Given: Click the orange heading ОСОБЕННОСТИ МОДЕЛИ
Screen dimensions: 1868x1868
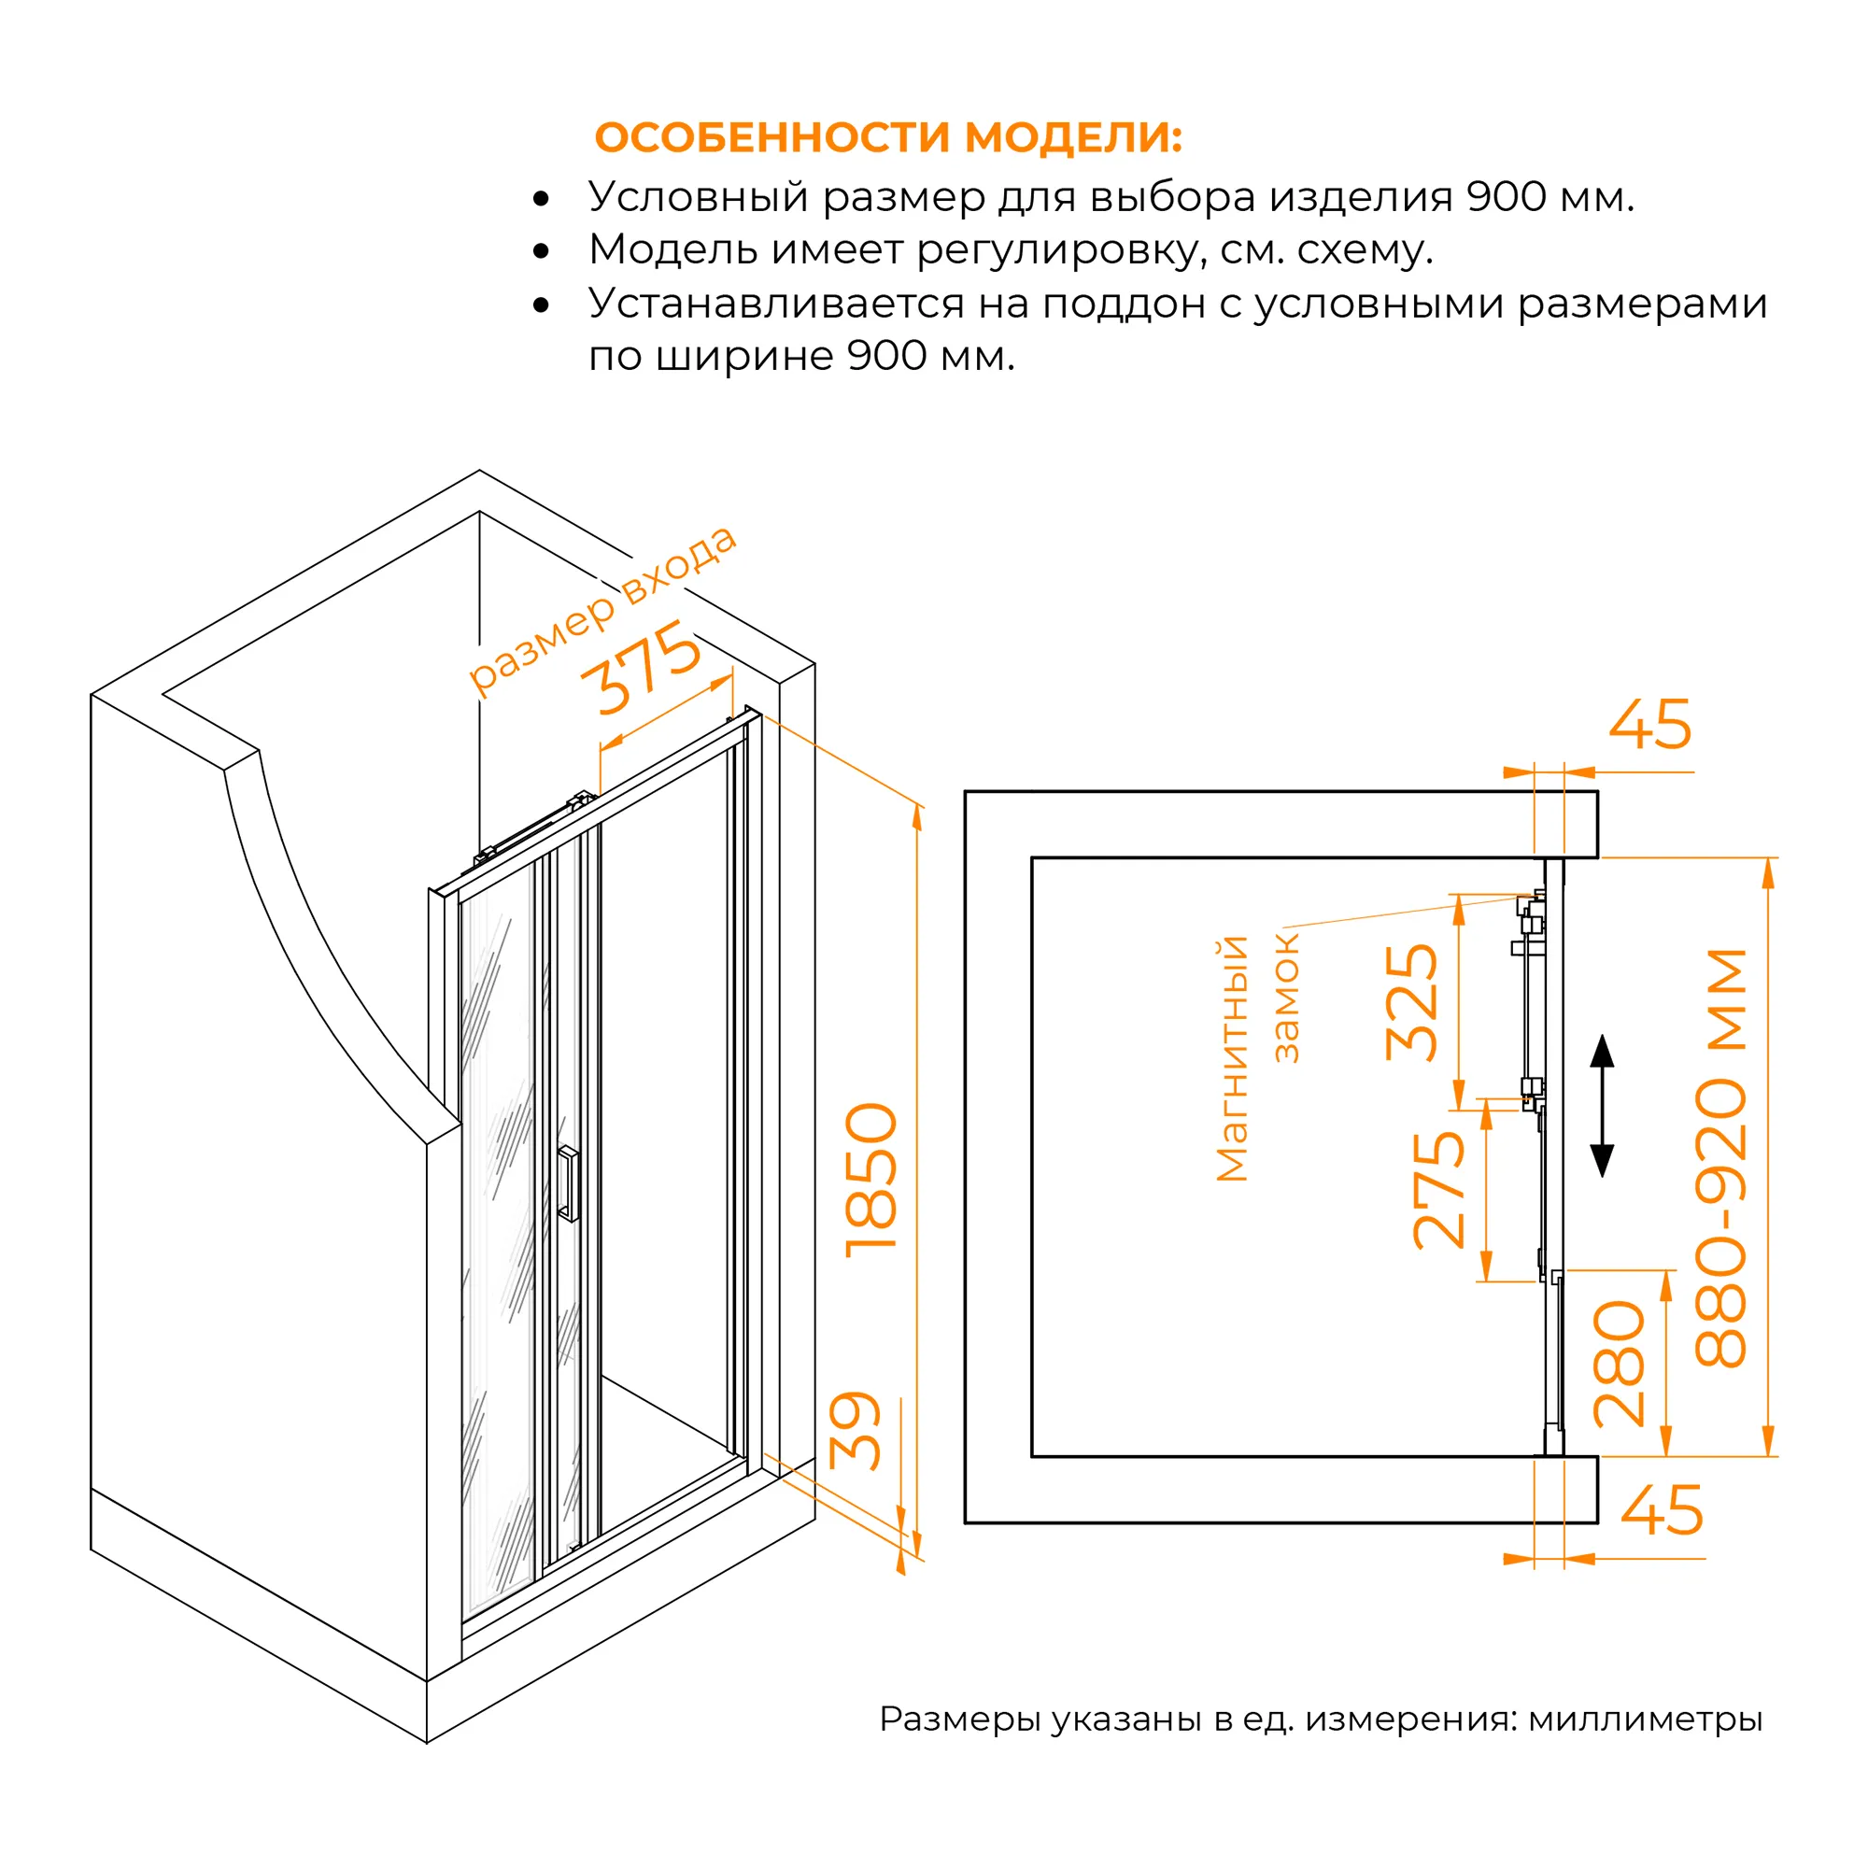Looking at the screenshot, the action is tap(887, 137).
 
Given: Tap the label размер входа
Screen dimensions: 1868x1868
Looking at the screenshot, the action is tap(601, 609).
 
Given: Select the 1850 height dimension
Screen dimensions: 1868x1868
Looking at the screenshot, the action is tap(871, 1181).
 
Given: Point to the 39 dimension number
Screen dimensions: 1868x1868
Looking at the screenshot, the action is tap(856, 1431).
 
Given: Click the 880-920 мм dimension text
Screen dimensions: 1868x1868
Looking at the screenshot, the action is tap(1721, 1158).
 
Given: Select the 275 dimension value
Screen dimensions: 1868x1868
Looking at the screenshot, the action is tap(1437, 1190).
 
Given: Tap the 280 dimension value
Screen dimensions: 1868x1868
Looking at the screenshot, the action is tap(1619, 1365).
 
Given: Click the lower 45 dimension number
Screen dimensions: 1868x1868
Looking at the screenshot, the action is tap(1661, 1510).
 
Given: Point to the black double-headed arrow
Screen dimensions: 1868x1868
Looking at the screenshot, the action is tap(1602, 1106).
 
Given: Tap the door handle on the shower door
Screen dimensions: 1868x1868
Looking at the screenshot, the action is tap(569, 1183).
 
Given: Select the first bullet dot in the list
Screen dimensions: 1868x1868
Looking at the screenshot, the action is tap(542, 200).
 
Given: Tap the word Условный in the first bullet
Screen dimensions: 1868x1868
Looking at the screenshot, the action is tap(698, 198).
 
